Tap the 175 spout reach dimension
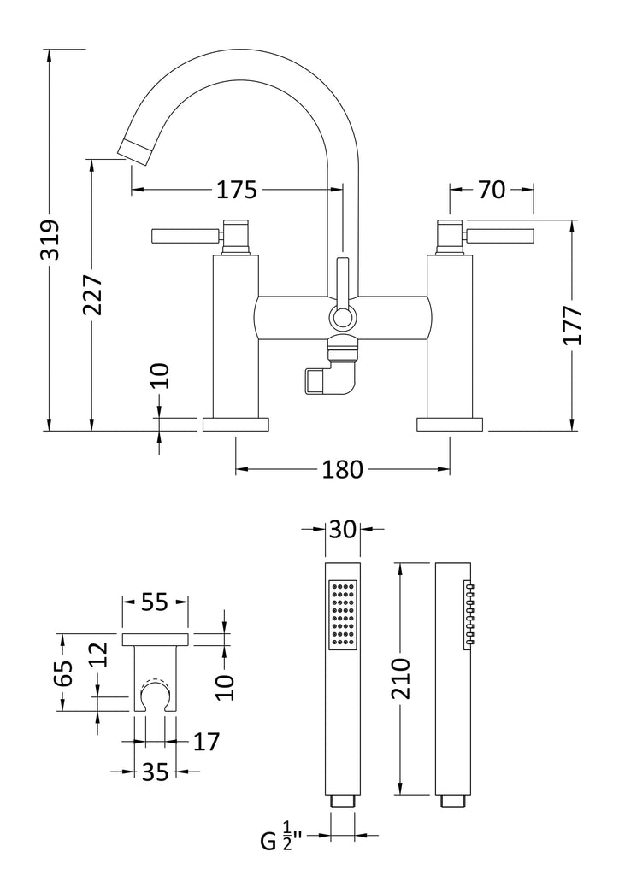point(236,191)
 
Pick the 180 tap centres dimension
point(343,469)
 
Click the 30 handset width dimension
point(342,531)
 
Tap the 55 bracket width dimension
point(154,603)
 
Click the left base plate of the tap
point(235,424)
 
